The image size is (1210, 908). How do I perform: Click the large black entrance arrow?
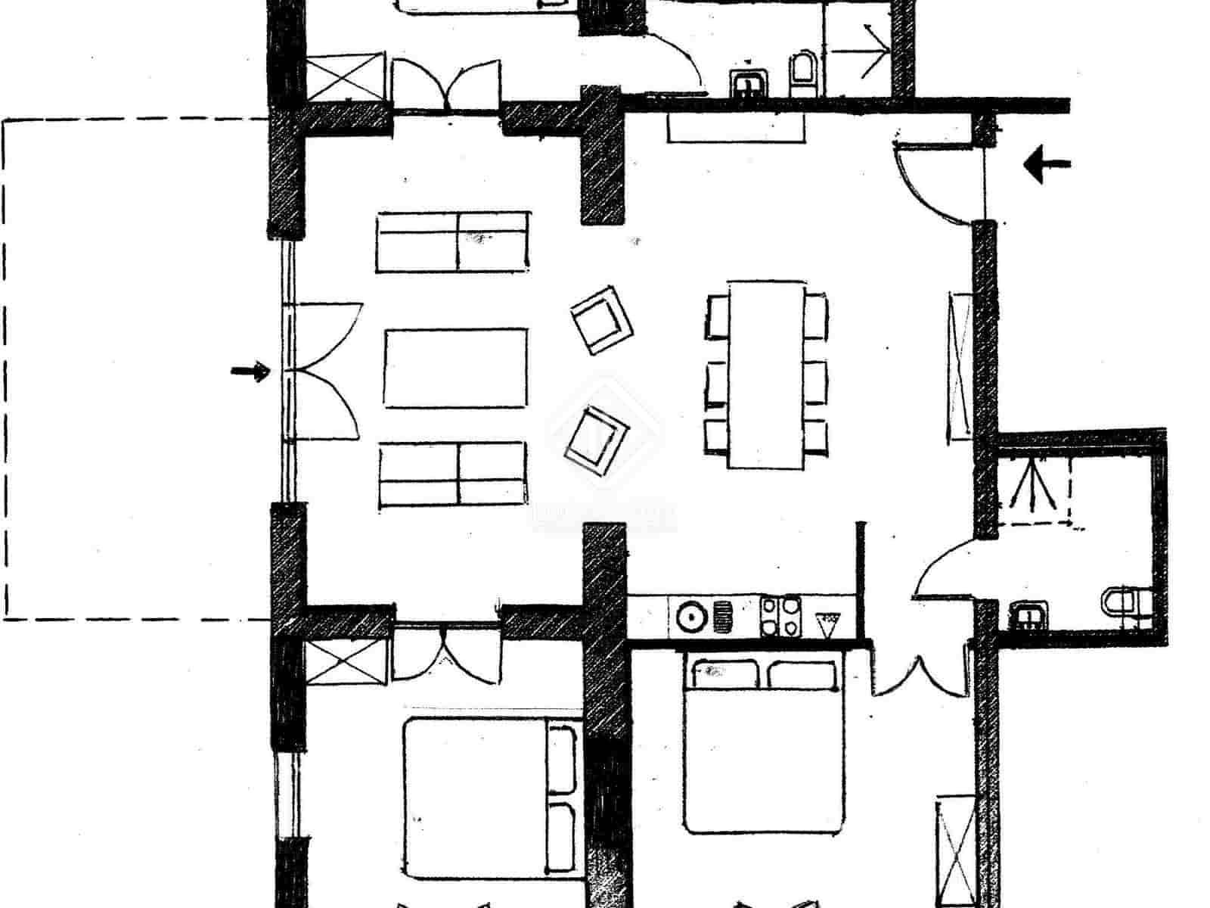1047,163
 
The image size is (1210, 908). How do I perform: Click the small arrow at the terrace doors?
250,372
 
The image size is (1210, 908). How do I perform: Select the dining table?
766,375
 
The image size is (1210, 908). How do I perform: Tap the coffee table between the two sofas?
455,368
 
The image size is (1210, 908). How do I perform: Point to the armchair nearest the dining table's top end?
602,319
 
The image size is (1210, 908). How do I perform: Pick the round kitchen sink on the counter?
690,616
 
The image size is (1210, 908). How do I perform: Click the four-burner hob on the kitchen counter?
780,616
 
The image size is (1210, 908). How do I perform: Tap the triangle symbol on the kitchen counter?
827,623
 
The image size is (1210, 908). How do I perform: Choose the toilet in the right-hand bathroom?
1128,609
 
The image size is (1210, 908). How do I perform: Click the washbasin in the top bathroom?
750,81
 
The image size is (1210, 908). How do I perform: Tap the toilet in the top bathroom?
802,73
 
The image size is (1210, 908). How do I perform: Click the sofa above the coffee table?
452,241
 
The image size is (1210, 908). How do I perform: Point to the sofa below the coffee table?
452,474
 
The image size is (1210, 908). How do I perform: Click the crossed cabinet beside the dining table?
960,365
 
